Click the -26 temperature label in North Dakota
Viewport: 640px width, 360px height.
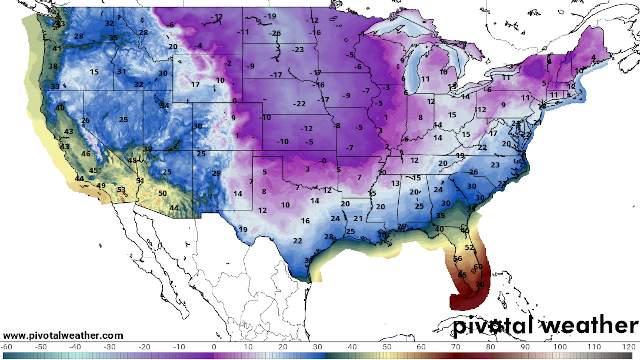(x=275, y=33)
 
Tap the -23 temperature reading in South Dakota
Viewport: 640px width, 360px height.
(x=298, y=50)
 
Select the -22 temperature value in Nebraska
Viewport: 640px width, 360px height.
(x=299, y=104)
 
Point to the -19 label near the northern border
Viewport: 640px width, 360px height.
(x=270, y=16)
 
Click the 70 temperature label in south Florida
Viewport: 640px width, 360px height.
(x=480, y=284)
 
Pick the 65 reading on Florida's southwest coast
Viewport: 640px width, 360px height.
(x=462, y=275)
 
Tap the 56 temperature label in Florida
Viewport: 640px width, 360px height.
(x=458, y=259)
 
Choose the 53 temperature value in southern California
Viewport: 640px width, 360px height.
(x=121, y=189)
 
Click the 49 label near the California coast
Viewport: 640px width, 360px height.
(x=101, y=185)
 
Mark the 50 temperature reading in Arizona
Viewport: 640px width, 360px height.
(x=162, y=193)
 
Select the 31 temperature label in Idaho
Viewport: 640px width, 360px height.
(x=121, y=71)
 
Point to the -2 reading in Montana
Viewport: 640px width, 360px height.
(x=228, y=63)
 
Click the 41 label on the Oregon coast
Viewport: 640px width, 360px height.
(x=57, y=48)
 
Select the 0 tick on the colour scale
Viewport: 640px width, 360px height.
(x=214, y=347)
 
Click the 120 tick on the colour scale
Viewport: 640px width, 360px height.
(x=629, y=347)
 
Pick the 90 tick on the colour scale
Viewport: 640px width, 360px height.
(x=525, y=347)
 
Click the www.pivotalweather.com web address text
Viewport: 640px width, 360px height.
(x=63, y=335)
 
